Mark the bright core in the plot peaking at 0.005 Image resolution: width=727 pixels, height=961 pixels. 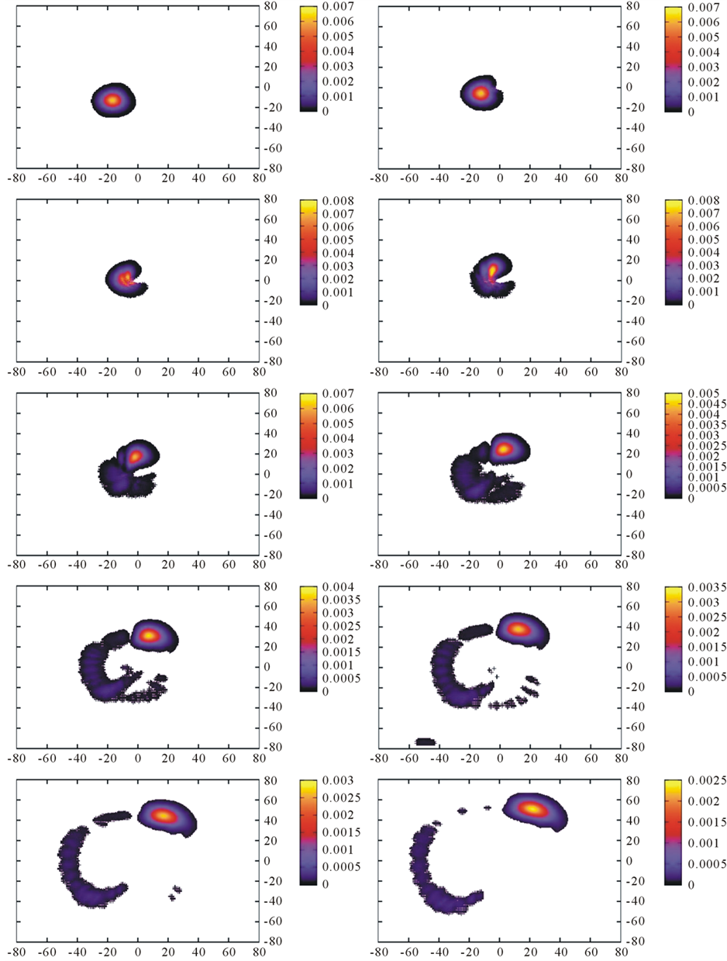pyautogui.click(x=504, y=448)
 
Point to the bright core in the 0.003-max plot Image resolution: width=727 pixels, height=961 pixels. pyautogui.click(x=164, y=815)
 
